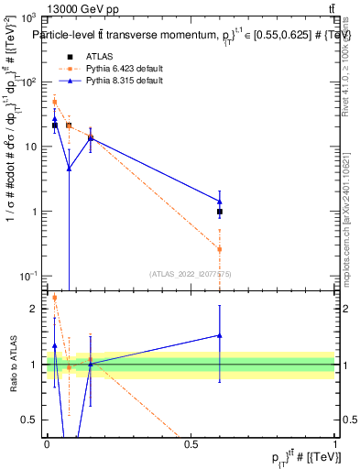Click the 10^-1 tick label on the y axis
pyautogui.click(x=27, y=276)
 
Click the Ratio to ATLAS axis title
pyautogui.click(x=12, y=365)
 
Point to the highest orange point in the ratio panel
pyautogui.click(x=54, y=298)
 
